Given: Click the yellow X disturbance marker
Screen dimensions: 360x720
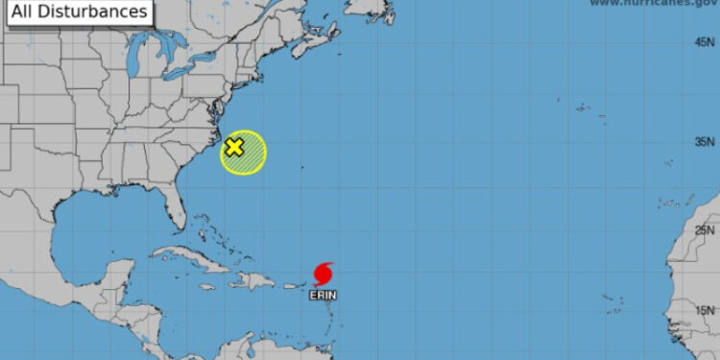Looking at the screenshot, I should click(x=234, y=148).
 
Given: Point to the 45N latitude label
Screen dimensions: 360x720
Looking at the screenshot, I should click(x=705, y=41).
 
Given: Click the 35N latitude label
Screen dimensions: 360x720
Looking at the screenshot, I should click(x=705, y=142).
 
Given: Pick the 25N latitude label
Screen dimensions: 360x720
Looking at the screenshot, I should click(x=705, y=229).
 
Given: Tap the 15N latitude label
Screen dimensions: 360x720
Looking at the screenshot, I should click(x=705, y=309).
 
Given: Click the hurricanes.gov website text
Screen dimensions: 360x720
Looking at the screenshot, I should click(x=653, y=4).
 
